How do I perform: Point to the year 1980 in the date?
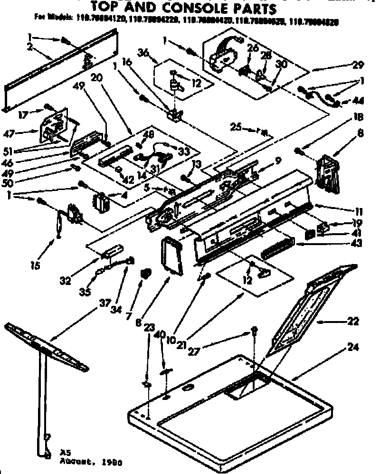(109, 461)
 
